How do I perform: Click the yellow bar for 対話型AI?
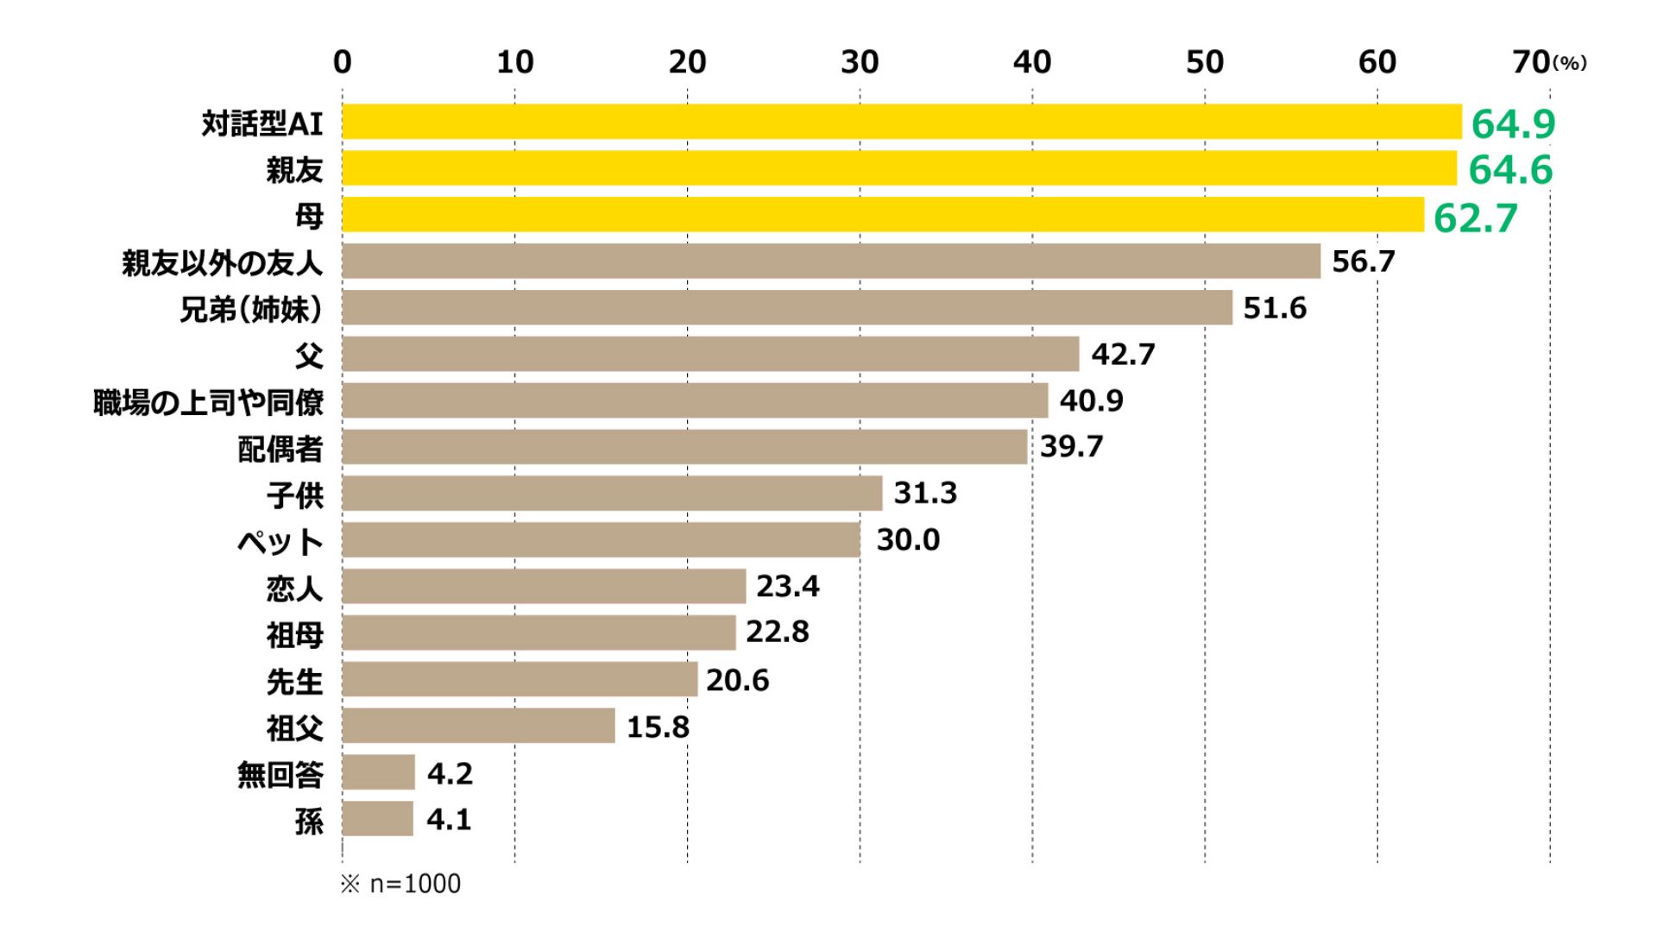click(x=902, y=122)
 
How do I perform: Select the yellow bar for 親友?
click(x=899, y=168)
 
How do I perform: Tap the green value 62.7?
click(x=1475, y=217)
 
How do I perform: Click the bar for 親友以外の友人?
click(x=831, y=261)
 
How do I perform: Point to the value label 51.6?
click(x=1275, y=308)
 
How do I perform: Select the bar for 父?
click(x=710, y=354)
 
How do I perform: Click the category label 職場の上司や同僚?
click(x=208, y=402)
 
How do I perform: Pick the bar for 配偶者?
click(x=684, y=447)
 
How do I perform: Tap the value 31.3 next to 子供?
click(x=925, y=493)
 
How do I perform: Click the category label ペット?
click(x=280, y=542)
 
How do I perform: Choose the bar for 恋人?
click(x=544, y=586)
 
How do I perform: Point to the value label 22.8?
click(x=778, y=632)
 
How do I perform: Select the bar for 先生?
click(x=520, y=679)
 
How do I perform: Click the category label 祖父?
click(x=295, y=728)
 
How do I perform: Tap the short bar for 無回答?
click(x=379, y=771)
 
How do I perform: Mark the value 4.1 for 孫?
click(x=449, y=819)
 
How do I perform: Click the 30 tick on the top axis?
click(x=860, y=62)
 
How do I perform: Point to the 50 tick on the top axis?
click(x=1205, y=62)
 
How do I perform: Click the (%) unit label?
click(x=1570, y=63)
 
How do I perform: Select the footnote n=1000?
click(x=415, y=884)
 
